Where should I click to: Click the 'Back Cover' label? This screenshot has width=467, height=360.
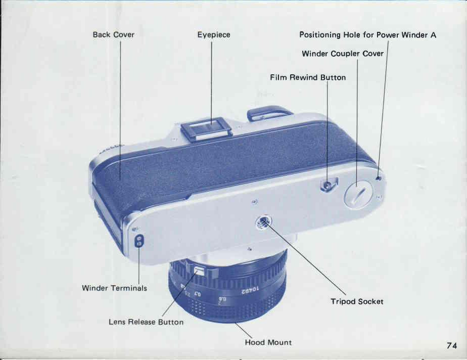point(114,34)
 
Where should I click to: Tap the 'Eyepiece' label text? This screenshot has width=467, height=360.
point(214,35)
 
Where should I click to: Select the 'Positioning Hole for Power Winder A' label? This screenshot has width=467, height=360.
point(367,35)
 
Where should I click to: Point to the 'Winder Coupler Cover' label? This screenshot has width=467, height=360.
point(343,54)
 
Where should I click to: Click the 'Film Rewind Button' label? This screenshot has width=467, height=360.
point(308,77)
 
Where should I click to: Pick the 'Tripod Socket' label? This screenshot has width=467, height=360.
point(357,301)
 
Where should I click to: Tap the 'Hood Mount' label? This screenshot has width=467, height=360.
point(268,342)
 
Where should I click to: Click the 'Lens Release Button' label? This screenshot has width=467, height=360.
point(146,322)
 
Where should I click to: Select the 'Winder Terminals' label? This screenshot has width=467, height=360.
point(114,288)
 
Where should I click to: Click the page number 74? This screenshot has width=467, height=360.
point(451,345)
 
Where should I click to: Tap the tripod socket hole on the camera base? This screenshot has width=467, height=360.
point(264,222)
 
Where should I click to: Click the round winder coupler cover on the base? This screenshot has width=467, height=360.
point(358,195)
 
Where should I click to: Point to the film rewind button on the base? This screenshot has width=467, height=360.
point(328,186)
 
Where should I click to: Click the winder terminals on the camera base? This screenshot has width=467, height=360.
point(139,241)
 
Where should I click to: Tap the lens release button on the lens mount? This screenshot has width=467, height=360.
point(198,271)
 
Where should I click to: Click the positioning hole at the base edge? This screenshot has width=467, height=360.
point(379,178)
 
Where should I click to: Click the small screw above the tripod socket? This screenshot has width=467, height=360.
point(255,203)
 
